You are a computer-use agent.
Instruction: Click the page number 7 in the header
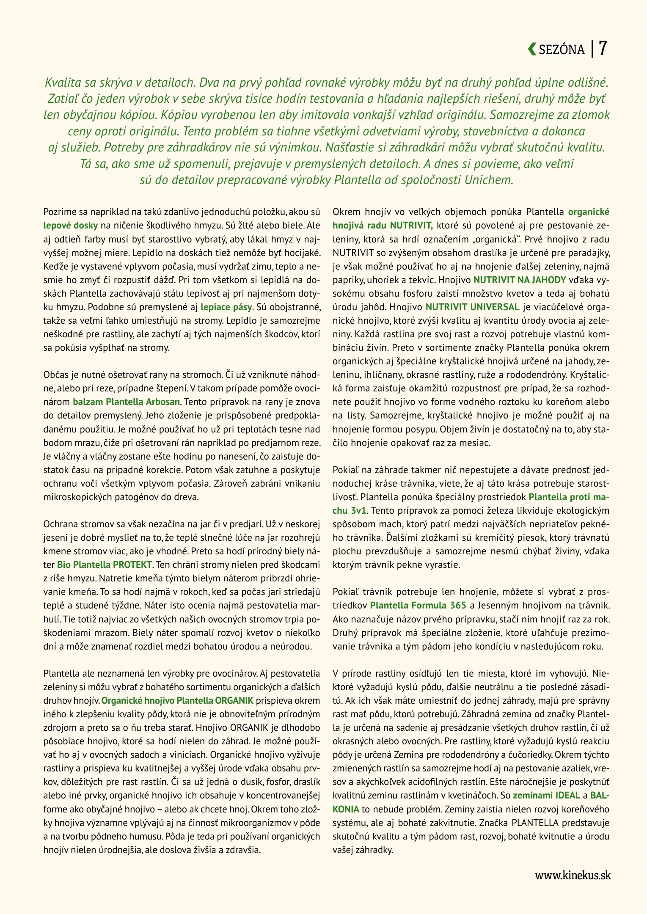coord(603,49)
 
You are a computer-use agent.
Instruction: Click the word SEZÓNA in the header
coord(562,50)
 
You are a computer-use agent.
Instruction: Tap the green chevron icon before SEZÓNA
coord(532,50)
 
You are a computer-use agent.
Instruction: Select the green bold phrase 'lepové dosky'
coord(70,226)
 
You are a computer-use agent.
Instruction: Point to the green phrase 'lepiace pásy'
coord(226,307)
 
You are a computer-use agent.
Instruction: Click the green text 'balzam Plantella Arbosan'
coord(127,402)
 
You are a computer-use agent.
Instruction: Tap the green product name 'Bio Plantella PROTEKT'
coord(104,565)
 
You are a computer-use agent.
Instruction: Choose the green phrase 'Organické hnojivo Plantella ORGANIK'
coord(177,701)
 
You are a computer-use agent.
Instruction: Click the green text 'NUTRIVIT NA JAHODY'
coord(520,280)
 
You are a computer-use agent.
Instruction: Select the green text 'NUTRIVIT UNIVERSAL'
coord(472,307)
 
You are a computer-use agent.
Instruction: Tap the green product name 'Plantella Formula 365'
coord(418,606)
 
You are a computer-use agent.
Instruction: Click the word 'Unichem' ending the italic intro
coord(489,180)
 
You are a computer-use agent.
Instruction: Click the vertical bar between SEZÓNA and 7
coord(592,49)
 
